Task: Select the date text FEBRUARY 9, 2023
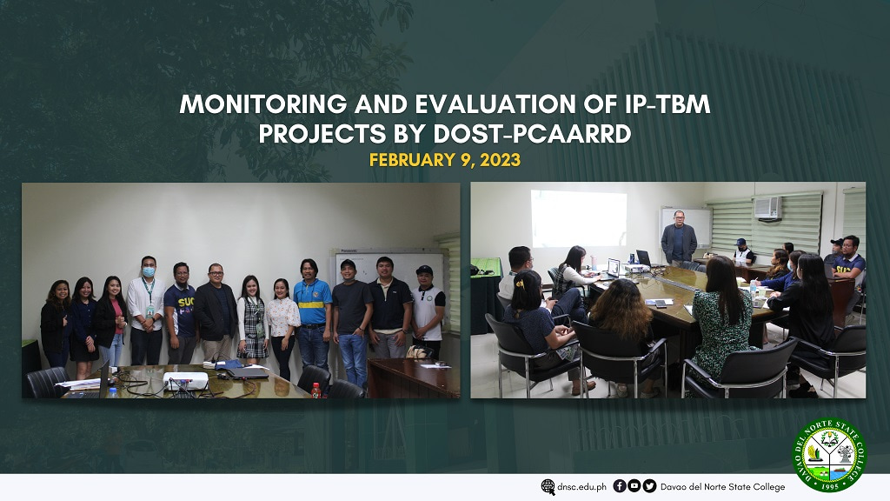point(444,160)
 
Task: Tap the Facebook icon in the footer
point(619,486)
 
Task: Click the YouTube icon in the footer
point(634,486)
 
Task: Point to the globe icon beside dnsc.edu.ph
point(548,487)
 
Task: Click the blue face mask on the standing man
point(148,272)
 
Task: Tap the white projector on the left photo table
point(185,380)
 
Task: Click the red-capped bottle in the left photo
point(315,390)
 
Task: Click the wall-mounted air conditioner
point(767,207)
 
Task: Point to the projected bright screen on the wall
point(578,218)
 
